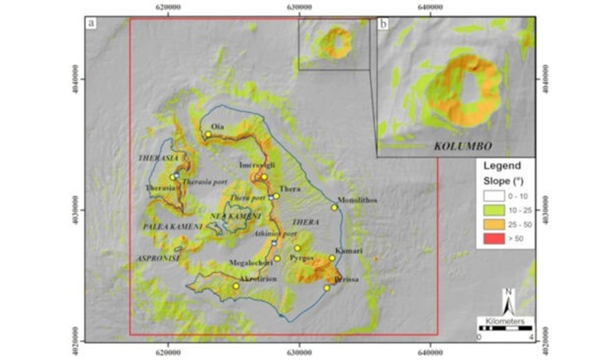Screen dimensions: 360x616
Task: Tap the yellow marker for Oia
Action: coord(208,134)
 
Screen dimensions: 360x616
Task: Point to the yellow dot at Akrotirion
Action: coord(236,286)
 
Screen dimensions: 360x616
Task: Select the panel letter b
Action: coord(383,24)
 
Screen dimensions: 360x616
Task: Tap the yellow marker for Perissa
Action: coord(327,288)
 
